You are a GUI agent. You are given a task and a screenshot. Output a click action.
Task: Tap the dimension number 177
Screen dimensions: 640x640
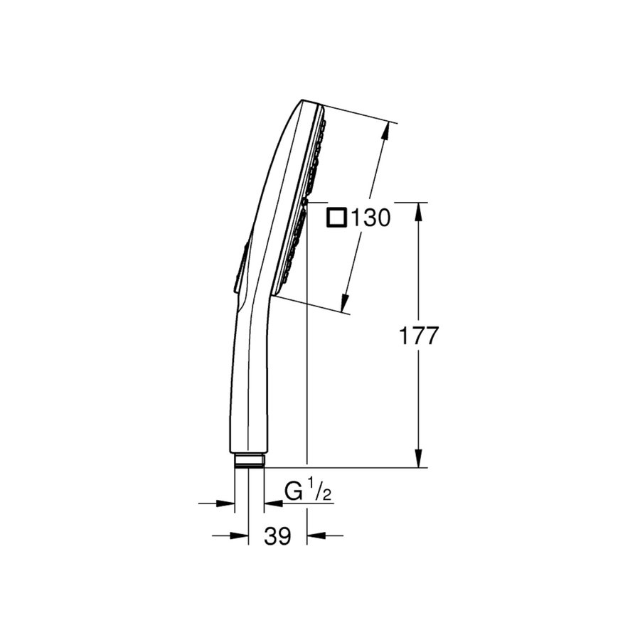(417, 336)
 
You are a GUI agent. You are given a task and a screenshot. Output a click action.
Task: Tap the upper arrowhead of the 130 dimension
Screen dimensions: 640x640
(388, 131)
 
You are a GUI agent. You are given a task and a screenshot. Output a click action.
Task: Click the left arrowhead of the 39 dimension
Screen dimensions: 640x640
(241, 535)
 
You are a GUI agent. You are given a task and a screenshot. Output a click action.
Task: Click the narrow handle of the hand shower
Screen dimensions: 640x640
(246, 384)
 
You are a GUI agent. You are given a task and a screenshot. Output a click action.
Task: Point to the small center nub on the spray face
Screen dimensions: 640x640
(304, 202)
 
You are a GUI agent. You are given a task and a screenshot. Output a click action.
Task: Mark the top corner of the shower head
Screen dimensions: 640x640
(303, 101)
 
